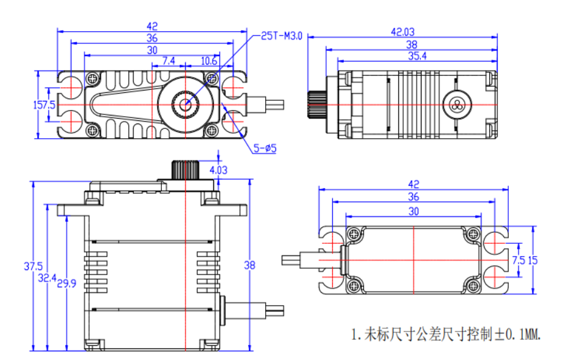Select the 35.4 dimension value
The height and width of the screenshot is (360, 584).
pos(416,56)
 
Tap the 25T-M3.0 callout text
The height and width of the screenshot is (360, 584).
pos(282,36)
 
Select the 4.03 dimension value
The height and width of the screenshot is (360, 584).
pos(218,171)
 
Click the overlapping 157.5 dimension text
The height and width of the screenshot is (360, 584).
pos(44,105)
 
